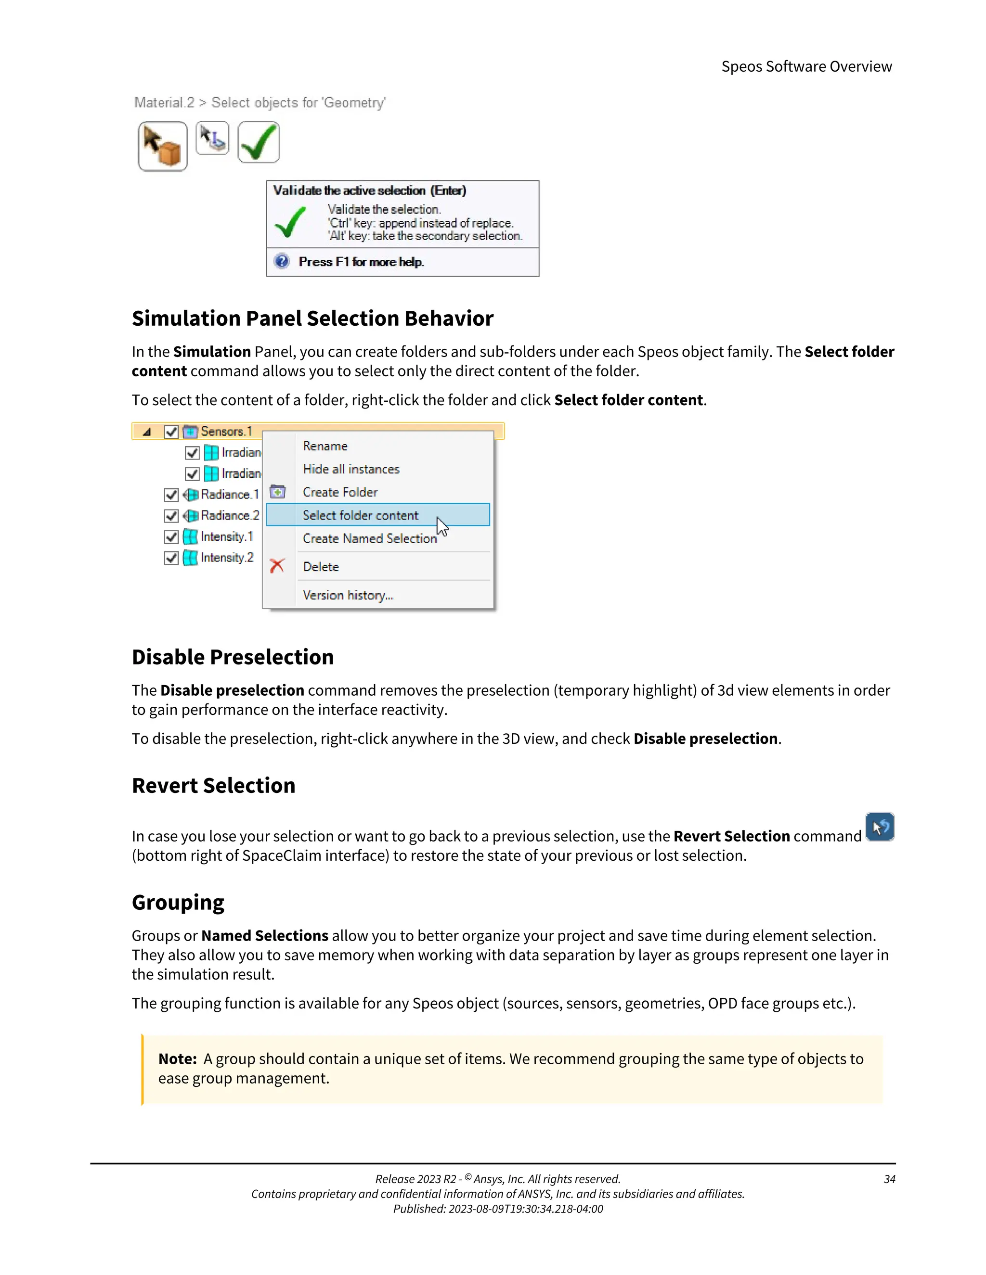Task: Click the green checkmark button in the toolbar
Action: click(258, 142)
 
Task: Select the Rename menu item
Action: click(325, 446)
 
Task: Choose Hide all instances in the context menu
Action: click(350, 470)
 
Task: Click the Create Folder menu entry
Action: click(340, 492)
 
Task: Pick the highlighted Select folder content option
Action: click(361, 515)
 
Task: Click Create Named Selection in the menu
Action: click(369, 538)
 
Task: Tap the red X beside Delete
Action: click(277, 566)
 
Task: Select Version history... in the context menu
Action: click(348, 595)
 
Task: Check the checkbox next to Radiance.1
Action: click(171, 495)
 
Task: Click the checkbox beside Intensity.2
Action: click(171, 558)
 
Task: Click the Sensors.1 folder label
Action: click(226, 432)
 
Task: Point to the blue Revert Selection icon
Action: click(880, 827)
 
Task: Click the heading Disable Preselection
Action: click(233, 657)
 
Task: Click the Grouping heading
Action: click(178, 902)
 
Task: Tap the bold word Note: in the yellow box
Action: click(178, 1059)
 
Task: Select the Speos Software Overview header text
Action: click(806, 66)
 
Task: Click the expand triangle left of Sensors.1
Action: click(147, 432)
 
